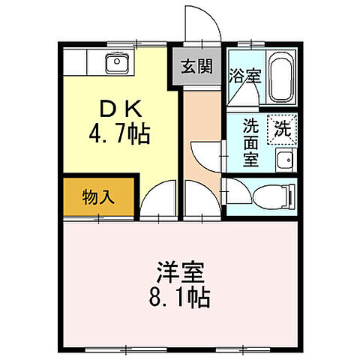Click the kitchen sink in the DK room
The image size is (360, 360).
point(118,63)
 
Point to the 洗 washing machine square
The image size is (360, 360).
point(284,127)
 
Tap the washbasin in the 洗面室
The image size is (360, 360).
point(285,159)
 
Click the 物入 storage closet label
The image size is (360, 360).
point(98,198)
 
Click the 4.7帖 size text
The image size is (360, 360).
point(120,136)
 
